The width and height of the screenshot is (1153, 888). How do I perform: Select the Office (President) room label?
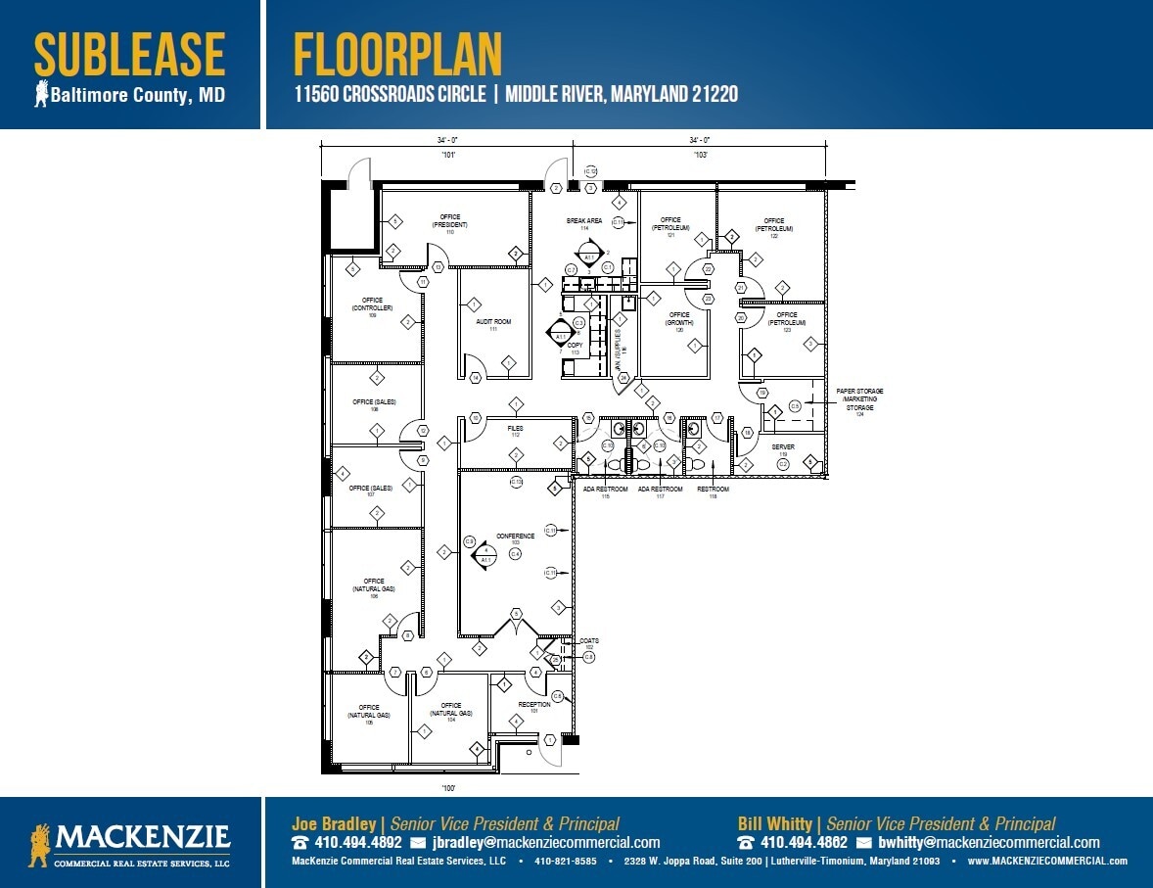[449, 221]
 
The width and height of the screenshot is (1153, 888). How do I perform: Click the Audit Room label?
[493, 322]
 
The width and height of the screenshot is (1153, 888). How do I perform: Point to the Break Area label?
[584, 221]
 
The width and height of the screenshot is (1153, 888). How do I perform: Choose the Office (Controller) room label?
[372, 304]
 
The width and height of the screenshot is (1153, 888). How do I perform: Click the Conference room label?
[515, 537]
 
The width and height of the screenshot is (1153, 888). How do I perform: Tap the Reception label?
[533, 704]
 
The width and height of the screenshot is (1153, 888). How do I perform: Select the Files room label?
[515, 429]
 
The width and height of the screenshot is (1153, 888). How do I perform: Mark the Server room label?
[783, 446]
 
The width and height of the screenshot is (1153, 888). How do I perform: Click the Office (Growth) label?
[679, 319]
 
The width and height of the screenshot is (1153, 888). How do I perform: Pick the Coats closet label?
[588, 641]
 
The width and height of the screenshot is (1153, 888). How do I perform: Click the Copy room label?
[575, 347]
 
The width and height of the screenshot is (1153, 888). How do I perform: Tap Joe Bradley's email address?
[545, 842]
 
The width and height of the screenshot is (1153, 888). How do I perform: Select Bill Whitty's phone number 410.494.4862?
[804, 842]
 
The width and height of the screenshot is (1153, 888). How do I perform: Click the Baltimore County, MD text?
[137, 95]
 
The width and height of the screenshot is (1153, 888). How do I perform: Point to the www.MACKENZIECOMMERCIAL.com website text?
[1047, 862]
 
